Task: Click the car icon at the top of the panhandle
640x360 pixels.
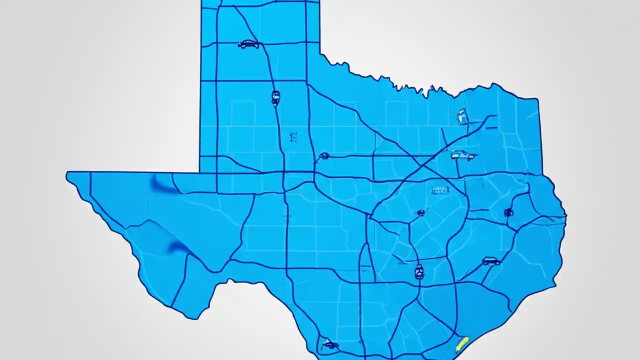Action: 248,44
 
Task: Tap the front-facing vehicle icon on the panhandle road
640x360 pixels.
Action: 275,97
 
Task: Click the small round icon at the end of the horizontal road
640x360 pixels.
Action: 324,156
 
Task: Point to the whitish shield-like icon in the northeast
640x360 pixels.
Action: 462,117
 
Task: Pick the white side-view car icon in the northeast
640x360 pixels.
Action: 462,155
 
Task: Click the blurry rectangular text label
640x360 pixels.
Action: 440,189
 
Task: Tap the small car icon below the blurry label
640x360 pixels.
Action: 420,213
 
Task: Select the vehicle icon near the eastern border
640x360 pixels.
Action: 508,212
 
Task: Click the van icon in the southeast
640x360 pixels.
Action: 490,261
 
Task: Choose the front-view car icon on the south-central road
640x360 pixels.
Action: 419,271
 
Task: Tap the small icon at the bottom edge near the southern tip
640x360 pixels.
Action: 330,344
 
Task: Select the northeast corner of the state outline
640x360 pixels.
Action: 538,98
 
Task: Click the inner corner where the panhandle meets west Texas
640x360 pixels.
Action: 200,172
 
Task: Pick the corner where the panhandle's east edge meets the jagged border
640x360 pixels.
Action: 320,53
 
